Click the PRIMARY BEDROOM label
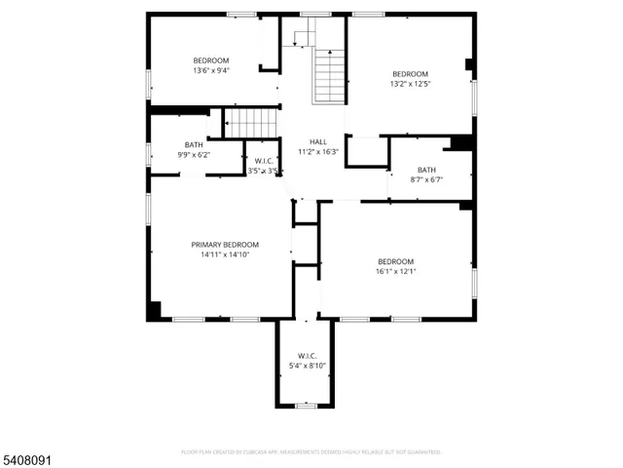[x=224, y=244]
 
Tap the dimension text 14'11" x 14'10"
[x=224, y=254]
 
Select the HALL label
[x=318, y=141]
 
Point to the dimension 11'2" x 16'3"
[x=318, y=152]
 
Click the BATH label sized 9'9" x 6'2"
[x=194, y=144]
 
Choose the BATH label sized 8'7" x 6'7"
[x=426, y=169]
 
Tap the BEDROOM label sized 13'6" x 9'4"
[x=210, y=60]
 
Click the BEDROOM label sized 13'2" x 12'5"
[x=410, y=74]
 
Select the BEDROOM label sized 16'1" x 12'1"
[x=395, y=261]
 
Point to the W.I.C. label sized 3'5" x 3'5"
[x=265, y=161]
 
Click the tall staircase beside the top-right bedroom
[x=329, y=75]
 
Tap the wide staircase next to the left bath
[x=252, y=123]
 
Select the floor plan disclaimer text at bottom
[x=311, y=452]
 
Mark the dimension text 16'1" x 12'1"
[x=395, y=272]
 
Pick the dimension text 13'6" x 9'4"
[x=210, y=71]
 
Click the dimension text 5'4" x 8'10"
[x=307, y=366]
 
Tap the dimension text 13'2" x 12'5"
[x=410, y=85]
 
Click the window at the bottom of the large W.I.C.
[x=307, y=405]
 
